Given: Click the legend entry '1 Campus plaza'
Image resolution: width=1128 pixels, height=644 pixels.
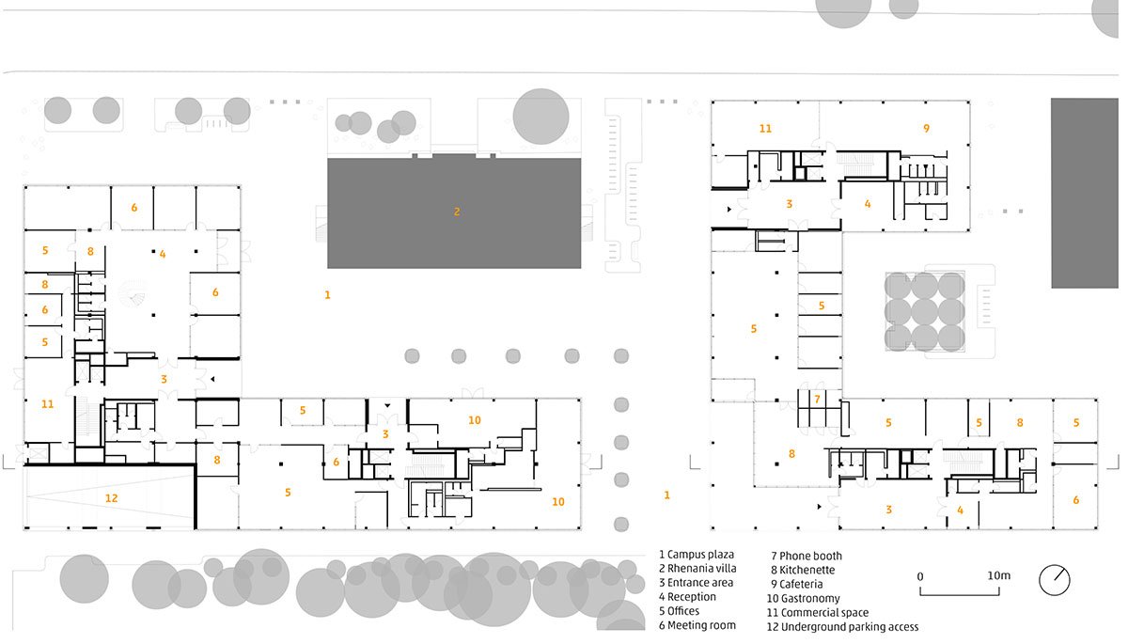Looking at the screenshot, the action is pyautogui.click(x=697, y=555).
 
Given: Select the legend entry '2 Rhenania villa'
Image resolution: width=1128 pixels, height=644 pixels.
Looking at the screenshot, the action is pyautogui.click(x=697, y=569).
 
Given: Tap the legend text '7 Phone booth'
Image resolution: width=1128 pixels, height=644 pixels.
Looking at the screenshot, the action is pyautogui.click(x=807, y=556).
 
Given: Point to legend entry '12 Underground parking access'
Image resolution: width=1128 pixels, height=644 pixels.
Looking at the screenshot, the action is pyautogui.click(x=842, y=627).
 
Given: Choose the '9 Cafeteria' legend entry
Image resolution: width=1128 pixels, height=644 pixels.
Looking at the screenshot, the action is pyautogui.click(x=797, y=584).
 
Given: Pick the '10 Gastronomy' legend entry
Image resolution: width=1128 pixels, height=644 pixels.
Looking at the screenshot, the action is pyautogui.click(x=803, y=599).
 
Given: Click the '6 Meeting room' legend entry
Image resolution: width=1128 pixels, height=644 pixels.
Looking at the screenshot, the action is pyautogui.click(x=697, y=625).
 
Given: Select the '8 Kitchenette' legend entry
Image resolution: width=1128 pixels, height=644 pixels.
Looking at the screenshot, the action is pyautogui.click(x=803, y=570).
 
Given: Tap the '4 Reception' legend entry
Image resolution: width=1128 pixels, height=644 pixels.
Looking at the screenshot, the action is pyautogui.click(x=687, y=597).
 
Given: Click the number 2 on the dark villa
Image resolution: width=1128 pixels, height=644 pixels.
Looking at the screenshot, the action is pyautogui.click(x=457, y=212).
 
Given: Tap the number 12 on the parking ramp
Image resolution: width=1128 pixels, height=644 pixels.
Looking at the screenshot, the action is pyautogui.click(x=111, y=498).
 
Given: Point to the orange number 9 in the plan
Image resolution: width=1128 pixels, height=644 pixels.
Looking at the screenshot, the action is pyautogui.click(x=926, y=129).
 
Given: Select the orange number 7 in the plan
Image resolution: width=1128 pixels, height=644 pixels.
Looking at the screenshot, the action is pyautogui.click(x=817, y=400).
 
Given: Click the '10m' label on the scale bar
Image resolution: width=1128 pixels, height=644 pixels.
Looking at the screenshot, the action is pyautogui.click(x=998, y=575).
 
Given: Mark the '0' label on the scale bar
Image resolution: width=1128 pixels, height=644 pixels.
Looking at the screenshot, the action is pyautogui.click(x=920, y=576).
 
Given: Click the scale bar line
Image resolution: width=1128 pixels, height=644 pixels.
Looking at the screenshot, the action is pyautogui.click(x=960, y=595).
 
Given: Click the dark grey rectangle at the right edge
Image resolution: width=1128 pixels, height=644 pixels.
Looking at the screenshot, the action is pyautogui.click(x=1085, y=194).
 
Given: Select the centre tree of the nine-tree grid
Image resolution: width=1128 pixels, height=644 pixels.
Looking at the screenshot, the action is pyautogui.click(x=925, y=312).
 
